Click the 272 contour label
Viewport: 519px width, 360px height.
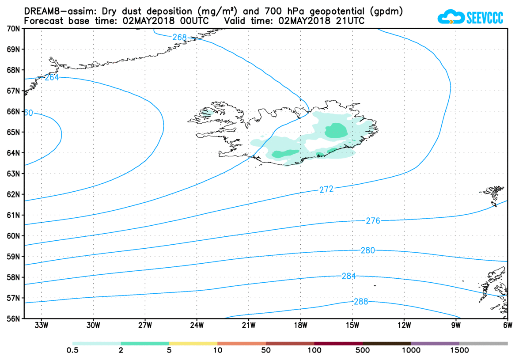[326, 189]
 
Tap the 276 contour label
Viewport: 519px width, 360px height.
[373, 221]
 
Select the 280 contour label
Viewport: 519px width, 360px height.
[367, 250]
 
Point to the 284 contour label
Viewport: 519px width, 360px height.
[349, 276]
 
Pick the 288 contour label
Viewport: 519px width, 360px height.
[360, 302]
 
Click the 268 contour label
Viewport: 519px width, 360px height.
[179, 38]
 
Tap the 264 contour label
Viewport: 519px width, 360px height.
[52, 78]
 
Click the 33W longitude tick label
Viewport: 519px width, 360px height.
[42, 326]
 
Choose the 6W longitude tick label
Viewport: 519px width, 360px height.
[508, 326]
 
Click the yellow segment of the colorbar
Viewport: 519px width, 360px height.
[193, 343]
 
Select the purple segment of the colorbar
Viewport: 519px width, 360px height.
[435, 343]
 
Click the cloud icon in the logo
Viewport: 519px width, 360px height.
[451, 18]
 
